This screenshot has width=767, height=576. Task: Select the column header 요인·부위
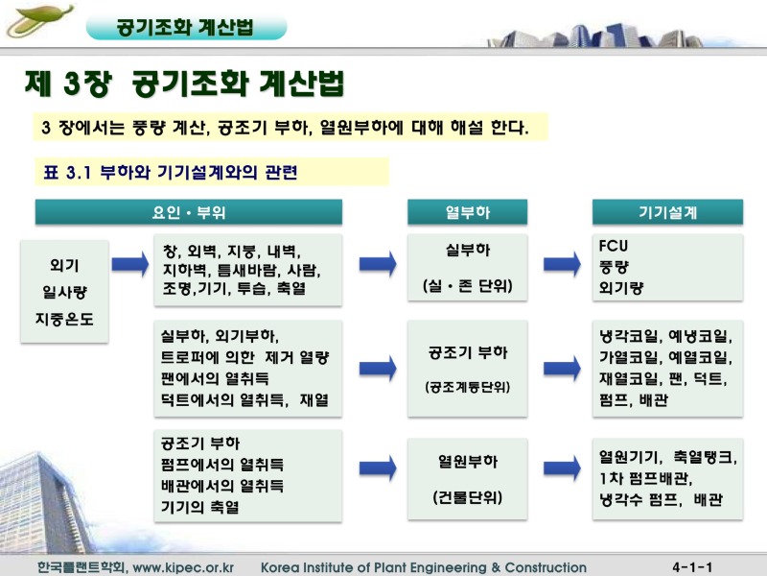point(188,211)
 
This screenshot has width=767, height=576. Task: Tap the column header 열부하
point(467,211)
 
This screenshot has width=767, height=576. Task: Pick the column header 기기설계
point(667,211)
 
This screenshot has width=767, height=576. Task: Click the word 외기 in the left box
point(64,265)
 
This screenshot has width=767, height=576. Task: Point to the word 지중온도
point(64,318)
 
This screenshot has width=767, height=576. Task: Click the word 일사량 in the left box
point(64,292)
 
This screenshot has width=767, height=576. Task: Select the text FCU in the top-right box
point(614,246)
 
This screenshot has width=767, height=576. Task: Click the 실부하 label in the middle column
point(467,251)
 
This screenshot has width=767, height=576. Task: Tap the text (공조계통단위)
point(467,387)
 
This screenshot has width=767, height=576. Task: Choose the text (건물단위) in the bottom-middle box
point(467,497)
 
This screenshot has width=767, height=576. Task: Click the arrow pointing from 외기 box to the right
point(130,265)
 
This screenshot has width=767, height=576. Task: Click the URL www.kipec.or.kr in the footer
point(183,567)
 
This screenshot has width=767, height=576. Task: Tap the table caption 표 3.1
point(66,173)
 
